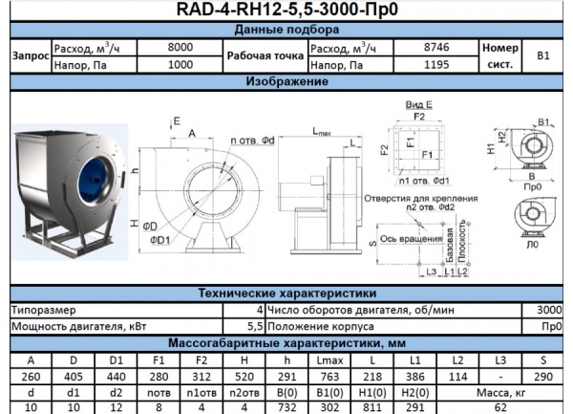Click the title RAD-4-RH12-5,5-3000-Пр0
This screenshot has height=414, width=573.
(x=286, y=11)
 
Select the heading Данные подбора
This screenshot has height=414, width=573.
(x=286, y=31)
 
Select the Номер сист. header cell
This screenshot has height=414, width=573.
(x=499, y=55)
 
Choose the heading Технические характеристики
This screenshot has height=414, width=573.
(x=286, y=294)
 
